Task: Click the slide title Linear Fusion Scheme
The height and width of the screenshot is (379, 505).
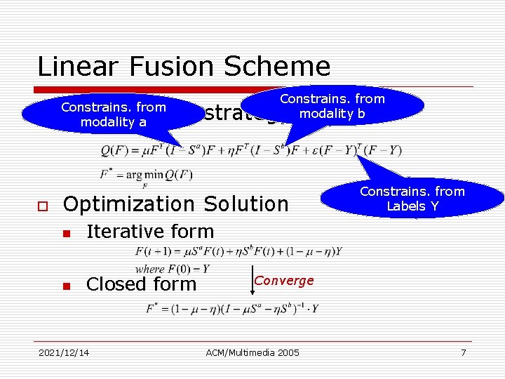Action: pyautogui.click(x=183, y=67)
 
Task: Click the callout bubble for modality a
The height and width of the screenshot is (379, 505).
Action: pyautogui.click(x=113, y=114)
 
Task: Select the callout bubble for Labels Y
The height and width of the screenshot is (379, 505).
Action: pyautogui.click(x=412, y=199)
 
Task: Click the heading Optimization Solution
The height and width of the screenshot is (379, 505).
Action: pyautogui.click(x=175, y=204)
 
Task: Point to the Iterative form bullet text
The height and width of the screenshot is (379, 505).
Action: pyautogui.click(x=149, y=232)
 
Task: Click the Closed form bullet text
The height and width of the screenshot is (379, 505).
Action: pyautogui.click(x=141, y=284)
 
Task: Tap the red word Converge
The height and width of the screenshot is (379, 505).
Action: pyautogui.click(x=283, y=281)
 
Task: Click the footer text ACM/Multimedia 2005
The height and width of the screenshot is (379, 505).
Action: pyautogui.click(x=252, y=352)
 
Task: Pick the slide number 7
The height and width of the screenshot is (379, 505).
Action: pyautogui.click(x=463, y=352)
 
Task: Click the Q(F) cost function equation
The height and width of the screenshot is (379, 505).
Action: pyautogui.click(x=251, y=150)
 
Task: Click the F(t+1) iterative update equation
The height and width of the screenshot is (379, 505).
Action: pyautogui.click(x=238, y=252)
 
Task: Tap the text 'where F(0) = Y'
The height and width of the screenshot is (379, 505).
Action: pyautogui.click(x=172, y=269)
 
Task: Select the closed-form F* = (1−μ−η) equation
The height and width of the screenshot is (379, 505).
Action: pyautogui.click(x=232, y=308)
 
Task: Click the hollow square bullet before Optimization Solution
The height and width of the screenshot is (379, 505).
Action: pyautogui.click(x=42, y=206)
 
